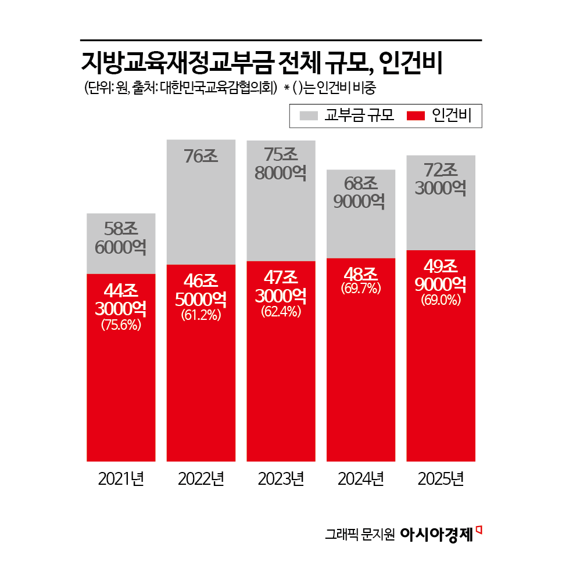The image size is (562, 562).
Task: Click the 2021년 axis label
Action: [121, 479]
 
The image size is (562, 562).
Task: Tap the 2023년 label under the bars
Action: [281, 479]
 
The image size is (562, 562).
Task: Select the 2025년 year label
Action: [441, 479]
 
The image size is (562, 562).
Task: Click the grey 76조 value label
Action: [201, 156]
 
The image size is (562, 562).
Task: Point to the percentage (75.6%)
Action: [121, 325]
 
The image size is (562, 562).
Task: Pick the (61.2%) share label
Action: [201, 315]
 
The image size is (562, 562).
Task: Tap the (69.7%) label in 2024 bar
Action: [361, 288]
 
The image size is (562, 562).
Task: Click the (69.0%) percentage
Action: [441, 300]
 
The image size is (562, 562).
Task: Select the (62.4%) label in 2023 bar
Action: [281, 312]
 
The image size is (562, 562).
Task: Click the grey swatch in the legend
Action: [310, 116]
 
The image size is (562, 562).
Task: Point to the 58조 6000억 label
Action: [121, 239]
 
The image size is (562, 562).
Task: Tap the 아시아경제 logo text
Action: [436, 534]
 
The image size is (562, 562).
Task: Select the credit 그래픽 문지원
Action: [360, 535]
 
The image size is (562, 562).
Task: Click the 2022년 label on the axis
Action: [201, 479]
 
